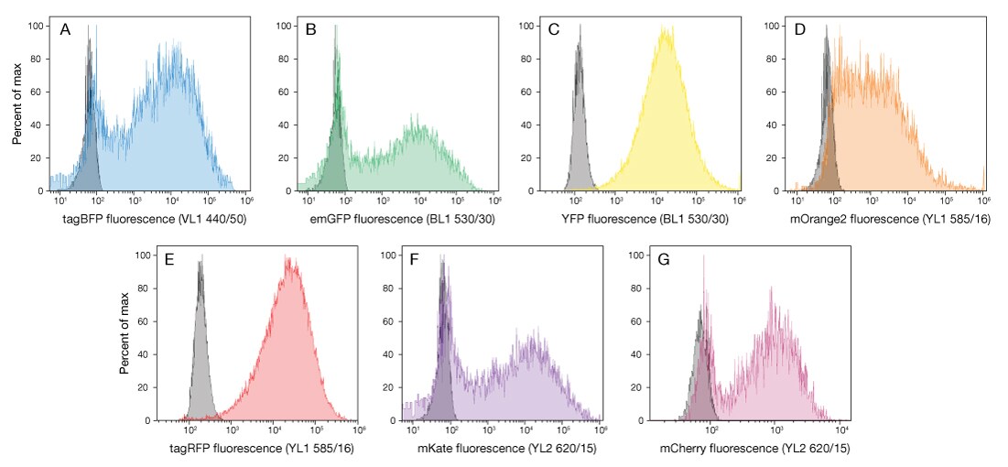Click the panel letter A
pyautogui.click(x=66, y=30)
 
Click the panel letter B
pyautogui.click(x=311, y=30)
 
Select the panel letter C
pyautogui.click(x=554, y=30)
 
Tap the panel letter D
pyautogui.click(x=801, y=30)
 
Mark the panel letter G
pyautogui.click(x=663, y=261)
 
